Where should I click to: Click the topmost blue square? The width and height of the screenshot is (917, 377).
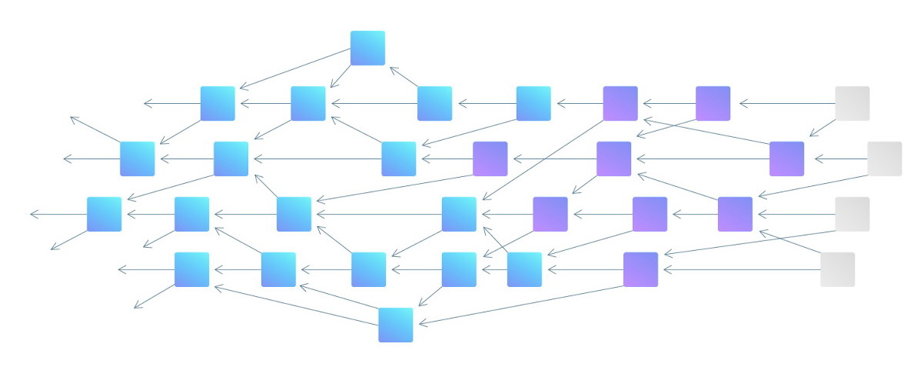(x=367, y=48)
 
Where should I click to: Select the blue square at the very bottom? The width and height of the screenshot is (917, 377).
(x=395, y=325)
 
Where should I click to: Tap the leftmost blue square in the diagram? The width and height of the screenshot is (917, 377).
(x=104, y=214)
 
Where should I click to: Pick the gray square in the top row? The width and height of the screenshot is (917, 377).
(x=852, y=103)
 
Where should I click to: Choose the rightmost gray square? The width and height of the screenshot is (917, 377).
(x=884, y=158)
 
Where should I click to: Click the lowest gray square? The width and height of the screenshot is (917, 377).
(x=837, y=269)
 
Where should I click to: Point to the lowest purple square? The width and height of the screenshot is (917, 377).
(x=640, y=269)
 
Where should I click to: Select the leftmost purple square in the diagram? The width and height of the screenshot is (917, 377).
(x=490, y=158)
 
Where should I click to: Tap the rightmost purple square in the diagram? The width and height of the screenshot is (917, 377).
(x=786, y=158)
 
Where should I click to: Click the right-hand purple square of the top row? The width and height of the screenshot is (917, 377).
(x=713, y=103)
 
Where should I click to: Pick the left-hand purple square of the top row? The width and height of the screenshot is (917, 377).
(x=620, y=103)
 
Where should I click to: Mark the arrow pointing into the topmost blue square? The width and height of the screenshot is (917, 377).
(x=404, y=77)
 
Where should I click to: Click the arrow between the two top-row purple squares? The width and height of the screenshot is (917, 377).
(x=667, y=103)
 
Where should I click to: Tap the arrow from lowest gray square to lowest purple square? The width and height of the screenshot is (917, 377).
(x=742, y=269)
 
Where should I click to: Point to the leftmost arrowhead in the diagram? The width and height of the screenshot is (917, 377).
(x=32, y=214)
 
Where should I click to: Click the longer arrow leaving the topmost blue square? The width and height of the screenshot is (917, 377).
(x=296, y=68)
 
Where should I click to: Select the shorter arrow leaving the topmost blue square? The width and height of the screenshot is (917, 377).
(x=341, y=75)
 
